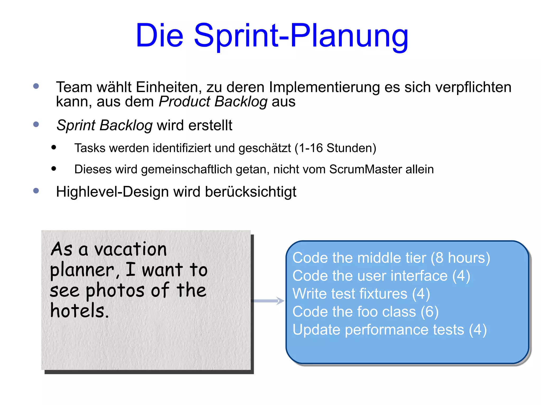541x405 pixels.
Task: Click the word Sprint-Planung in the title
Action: (x=301, y=36)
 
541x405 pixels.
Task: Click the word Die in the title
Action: (x=159, y=36)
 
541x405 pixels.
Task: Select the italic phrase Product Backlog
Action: (x=213, y=102)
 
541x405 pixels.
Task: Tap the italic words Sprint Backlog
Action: (x=105, y=125)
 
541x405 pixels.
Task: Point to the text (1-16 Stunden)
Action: (x=335, y=148)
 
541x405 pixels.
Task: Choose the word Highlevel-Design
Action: (x=112, y=192)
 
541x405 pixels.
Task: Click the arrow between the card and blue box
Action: (x=268, y=301)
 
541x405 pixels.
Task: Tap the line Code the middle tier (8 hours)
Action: (x=391, y=258)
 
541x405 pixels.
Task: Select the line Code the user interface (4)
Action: (x=381, y=276)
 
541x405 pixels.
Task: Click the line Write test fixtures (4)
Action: (x=361, y=294)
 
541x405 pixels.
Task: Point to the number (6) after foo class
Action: (x=430, y=312)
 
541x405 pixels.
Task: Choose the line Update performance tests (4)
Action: (x=389, y=330)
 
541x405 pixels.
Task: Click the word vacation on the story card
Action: (x=130, y=249)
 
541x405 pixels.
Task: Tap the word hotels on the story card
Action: (x=79, y=311)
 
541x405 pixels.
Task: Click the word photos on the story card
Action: (x=115, y=290)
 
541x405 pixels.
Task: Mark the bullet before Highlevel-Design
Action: (x=36, y=191)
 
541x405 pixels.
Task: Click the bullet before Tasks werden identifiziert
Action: (x=54, y=147)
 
